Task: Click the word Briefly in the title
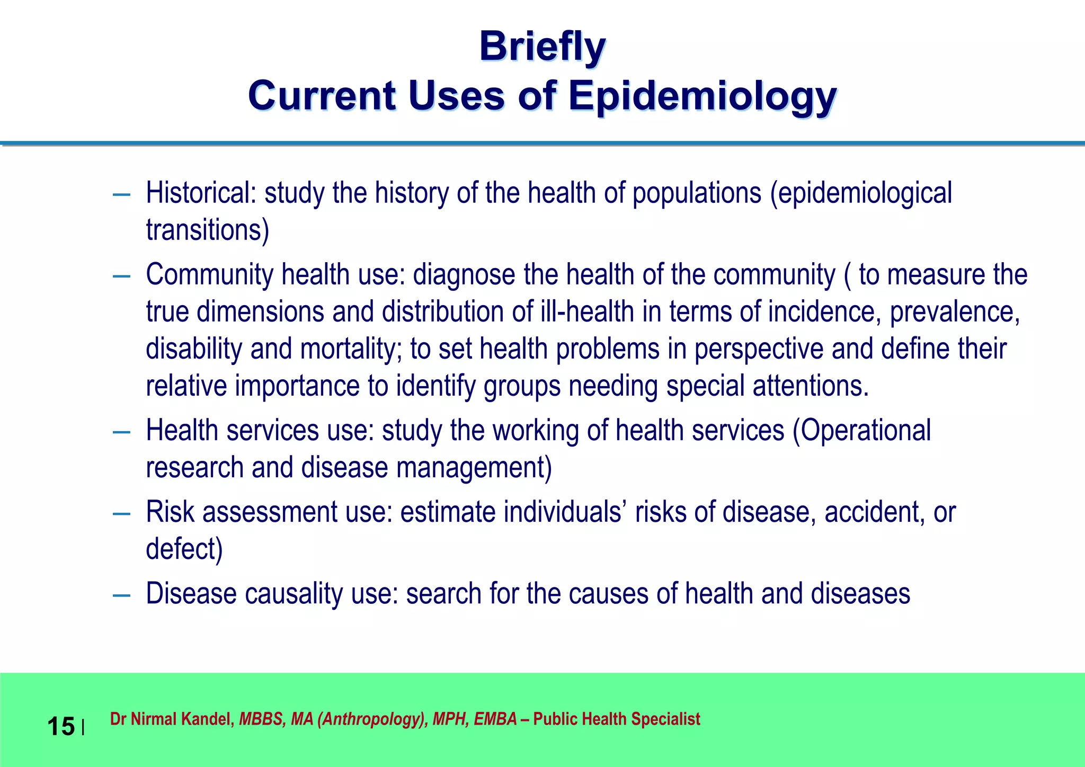542,47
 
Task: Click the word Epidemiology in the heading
702,96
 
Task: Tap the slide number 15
61,726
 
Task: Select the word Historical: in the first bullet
201,192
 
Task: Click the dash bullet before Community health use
122,277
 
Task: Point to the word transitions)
208,230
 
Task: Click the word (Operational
861,430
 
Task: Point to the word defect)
184,549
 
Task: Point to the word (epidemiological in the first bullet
861,192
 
